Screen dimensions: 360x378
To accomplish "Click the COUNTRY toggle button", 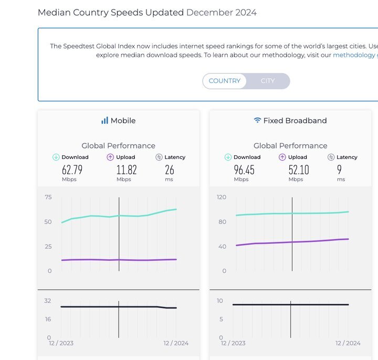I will (224, 81).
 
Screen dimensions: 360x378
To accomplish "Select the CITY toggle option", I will (268, 81).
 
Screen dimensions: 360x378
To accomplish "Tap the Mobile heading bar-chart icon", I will (104, 121).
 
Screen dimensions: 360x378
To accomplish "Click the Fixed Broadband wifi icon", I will (257, 121).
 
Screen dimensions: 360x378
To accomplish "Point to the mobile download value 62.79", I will (72, 170).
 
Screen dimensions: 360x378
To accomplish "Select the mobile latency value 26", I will (169, 170).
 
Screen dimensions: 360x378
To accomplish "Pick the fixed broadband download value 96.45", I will (244, 170).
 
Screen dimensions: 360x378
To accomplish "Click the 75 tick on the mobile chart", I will (48, 197).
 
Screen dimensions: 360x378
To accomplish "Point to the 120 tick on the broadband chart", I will (221, 197).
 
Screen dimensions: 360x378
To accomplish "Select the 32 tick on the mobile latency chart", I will (48, 301).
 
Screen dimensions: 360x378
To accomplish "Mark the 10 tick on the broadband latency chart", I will (220, 301).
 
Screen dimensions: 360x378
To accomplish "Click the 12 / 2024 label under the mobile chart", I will (176, 343).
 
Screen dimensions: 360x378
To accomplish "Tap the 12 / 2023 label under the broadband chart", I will (233, 343).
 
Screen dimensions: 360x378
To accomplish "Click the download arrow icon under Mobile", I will (56, 157).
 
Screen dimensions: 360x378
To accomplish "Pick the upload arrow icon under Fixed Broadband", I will (282, 157).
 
